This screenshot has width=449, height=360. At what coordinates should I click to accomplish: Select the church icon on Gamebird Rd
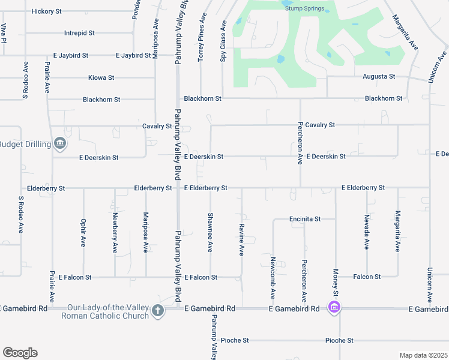[x=157, y=310]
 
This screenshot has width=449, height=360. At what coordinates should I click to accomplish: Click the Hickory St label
[x=46, y=11]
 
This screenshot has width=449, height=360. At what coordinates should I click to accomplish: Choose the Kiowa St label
[x=101, y=78]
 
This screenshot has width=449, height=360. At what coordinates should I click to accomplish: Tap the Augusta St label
[x=379, y=77]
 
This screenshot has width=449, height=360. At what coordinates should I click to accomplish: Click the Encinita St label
[x=305, y=219]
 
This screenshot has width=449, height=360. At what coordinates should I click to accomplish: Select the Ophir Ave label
[x=83, y=232]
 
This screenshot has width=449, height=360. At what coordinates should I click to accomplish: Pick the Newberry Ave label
[x=114, y=232]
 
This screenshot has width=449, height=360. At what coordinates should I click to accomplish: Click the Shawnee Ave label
[x=210, y=232]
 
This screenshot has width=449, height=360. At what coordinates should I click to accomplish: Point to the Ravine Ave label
[x=241, y=240]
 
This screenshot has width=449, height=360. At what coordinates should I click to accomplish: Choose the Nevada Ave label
[x=366, y=232]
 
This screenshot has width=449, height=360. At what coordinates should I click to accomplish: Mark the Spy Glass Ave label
[x=223, y=41]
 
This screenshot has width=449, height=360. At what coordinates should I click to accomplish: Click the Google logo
[x=20, y=353]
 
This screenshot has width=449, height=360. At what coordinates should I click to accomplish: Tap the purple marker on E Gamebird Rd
[x=334, y=308]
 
